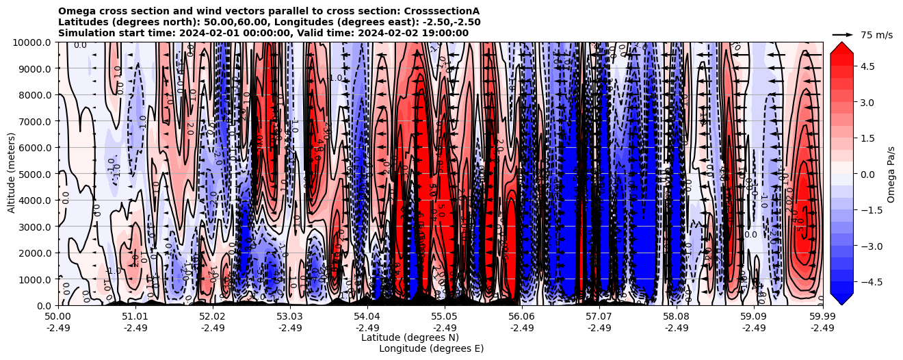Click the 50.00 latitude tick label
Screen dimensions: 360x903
pyautogui.click(x=58, y=317)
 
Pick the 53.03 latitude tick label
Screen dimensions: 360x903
pyautogui.click(x=290, y=317)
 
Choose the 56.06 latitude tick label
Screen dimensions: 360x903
pyautogui.click(x=522, y=317)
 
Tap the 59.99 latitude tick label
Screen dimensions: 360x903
pyautogui.click(x=822, y=317)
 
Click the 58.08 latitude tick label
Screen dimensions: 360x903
pyautogui.click(x=677, y=317)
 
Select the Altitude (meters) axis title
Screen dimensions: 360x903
pyautogui.click(x=12, y=174)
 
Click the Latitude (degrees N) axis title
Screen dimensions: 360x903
pyautogui.click(x=410, y=337)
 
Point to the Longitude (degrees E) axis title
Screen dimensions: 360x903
pyautogui.click(x=431, y=348)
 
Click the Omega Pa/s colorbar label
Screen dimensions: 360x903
pyautogui.click(x=891, y=174)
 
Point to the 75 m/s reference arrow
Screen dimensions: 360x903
pyautogui.click(x=843, y=34)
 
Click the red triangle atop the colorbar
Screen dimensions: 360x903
pyautogui.click(x=841, y=47)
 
